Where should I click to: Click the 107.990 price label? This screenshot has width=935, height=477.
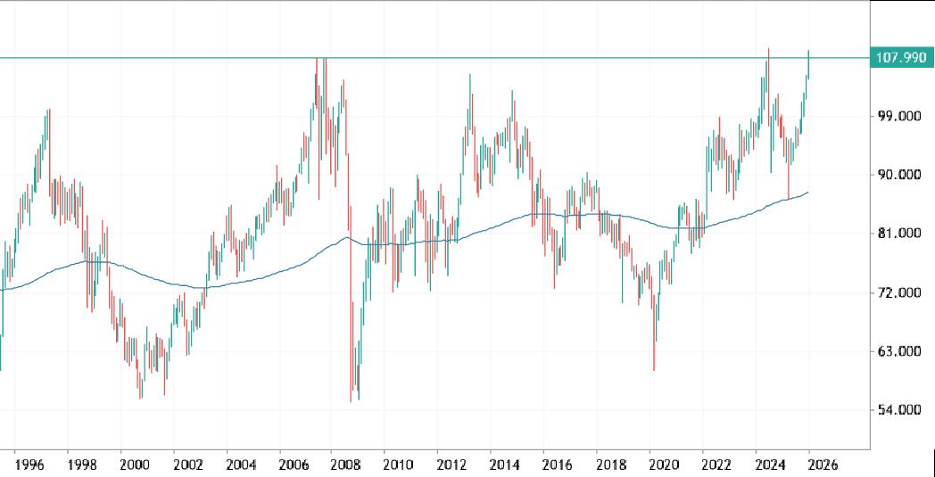[901, 58]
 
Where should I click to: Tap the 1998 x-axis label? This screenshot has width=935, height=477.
[82, 465]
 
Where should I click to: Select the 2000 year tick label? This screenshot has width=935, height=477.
[135, 465]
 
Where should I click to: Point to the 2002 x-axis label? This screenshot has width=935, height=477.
[187, 465]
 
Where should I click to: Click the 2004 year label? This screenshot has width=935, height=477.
[240, 465]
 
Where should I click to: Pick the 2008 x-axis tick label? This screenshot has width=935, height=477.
[345, 465]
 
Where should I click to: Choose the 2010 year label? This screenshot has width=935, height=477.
[398, 465]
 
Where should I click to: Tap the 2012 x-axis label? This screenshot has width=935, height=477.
[451, 465]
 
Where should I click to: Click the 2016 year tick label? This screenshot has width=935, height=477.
[556, 465]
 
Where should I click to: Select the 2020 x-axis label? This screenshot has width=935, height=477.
[661, 465]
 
